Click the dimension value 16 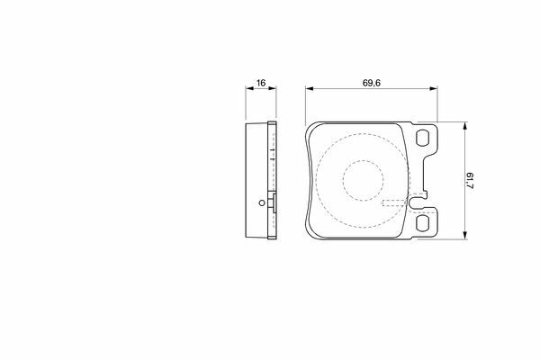click(x=261, y=83)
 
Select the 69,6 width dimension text click(x=371, y=83)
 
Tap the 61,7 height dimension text click(x=470, y=181)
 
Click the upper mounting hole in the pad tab click(x=423, y=138)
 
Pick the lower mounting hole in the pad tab click(x=423, y=223)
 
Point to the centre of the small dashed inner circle click(x=363, y=181)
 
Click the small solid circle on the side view click(x=262, y=202)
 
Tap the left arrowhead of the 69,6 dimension click(x=309, y=88)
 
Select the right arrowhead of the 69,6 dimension click(x=434, y=88)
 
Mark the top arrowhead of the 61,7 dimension click(x=465, y=126)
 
